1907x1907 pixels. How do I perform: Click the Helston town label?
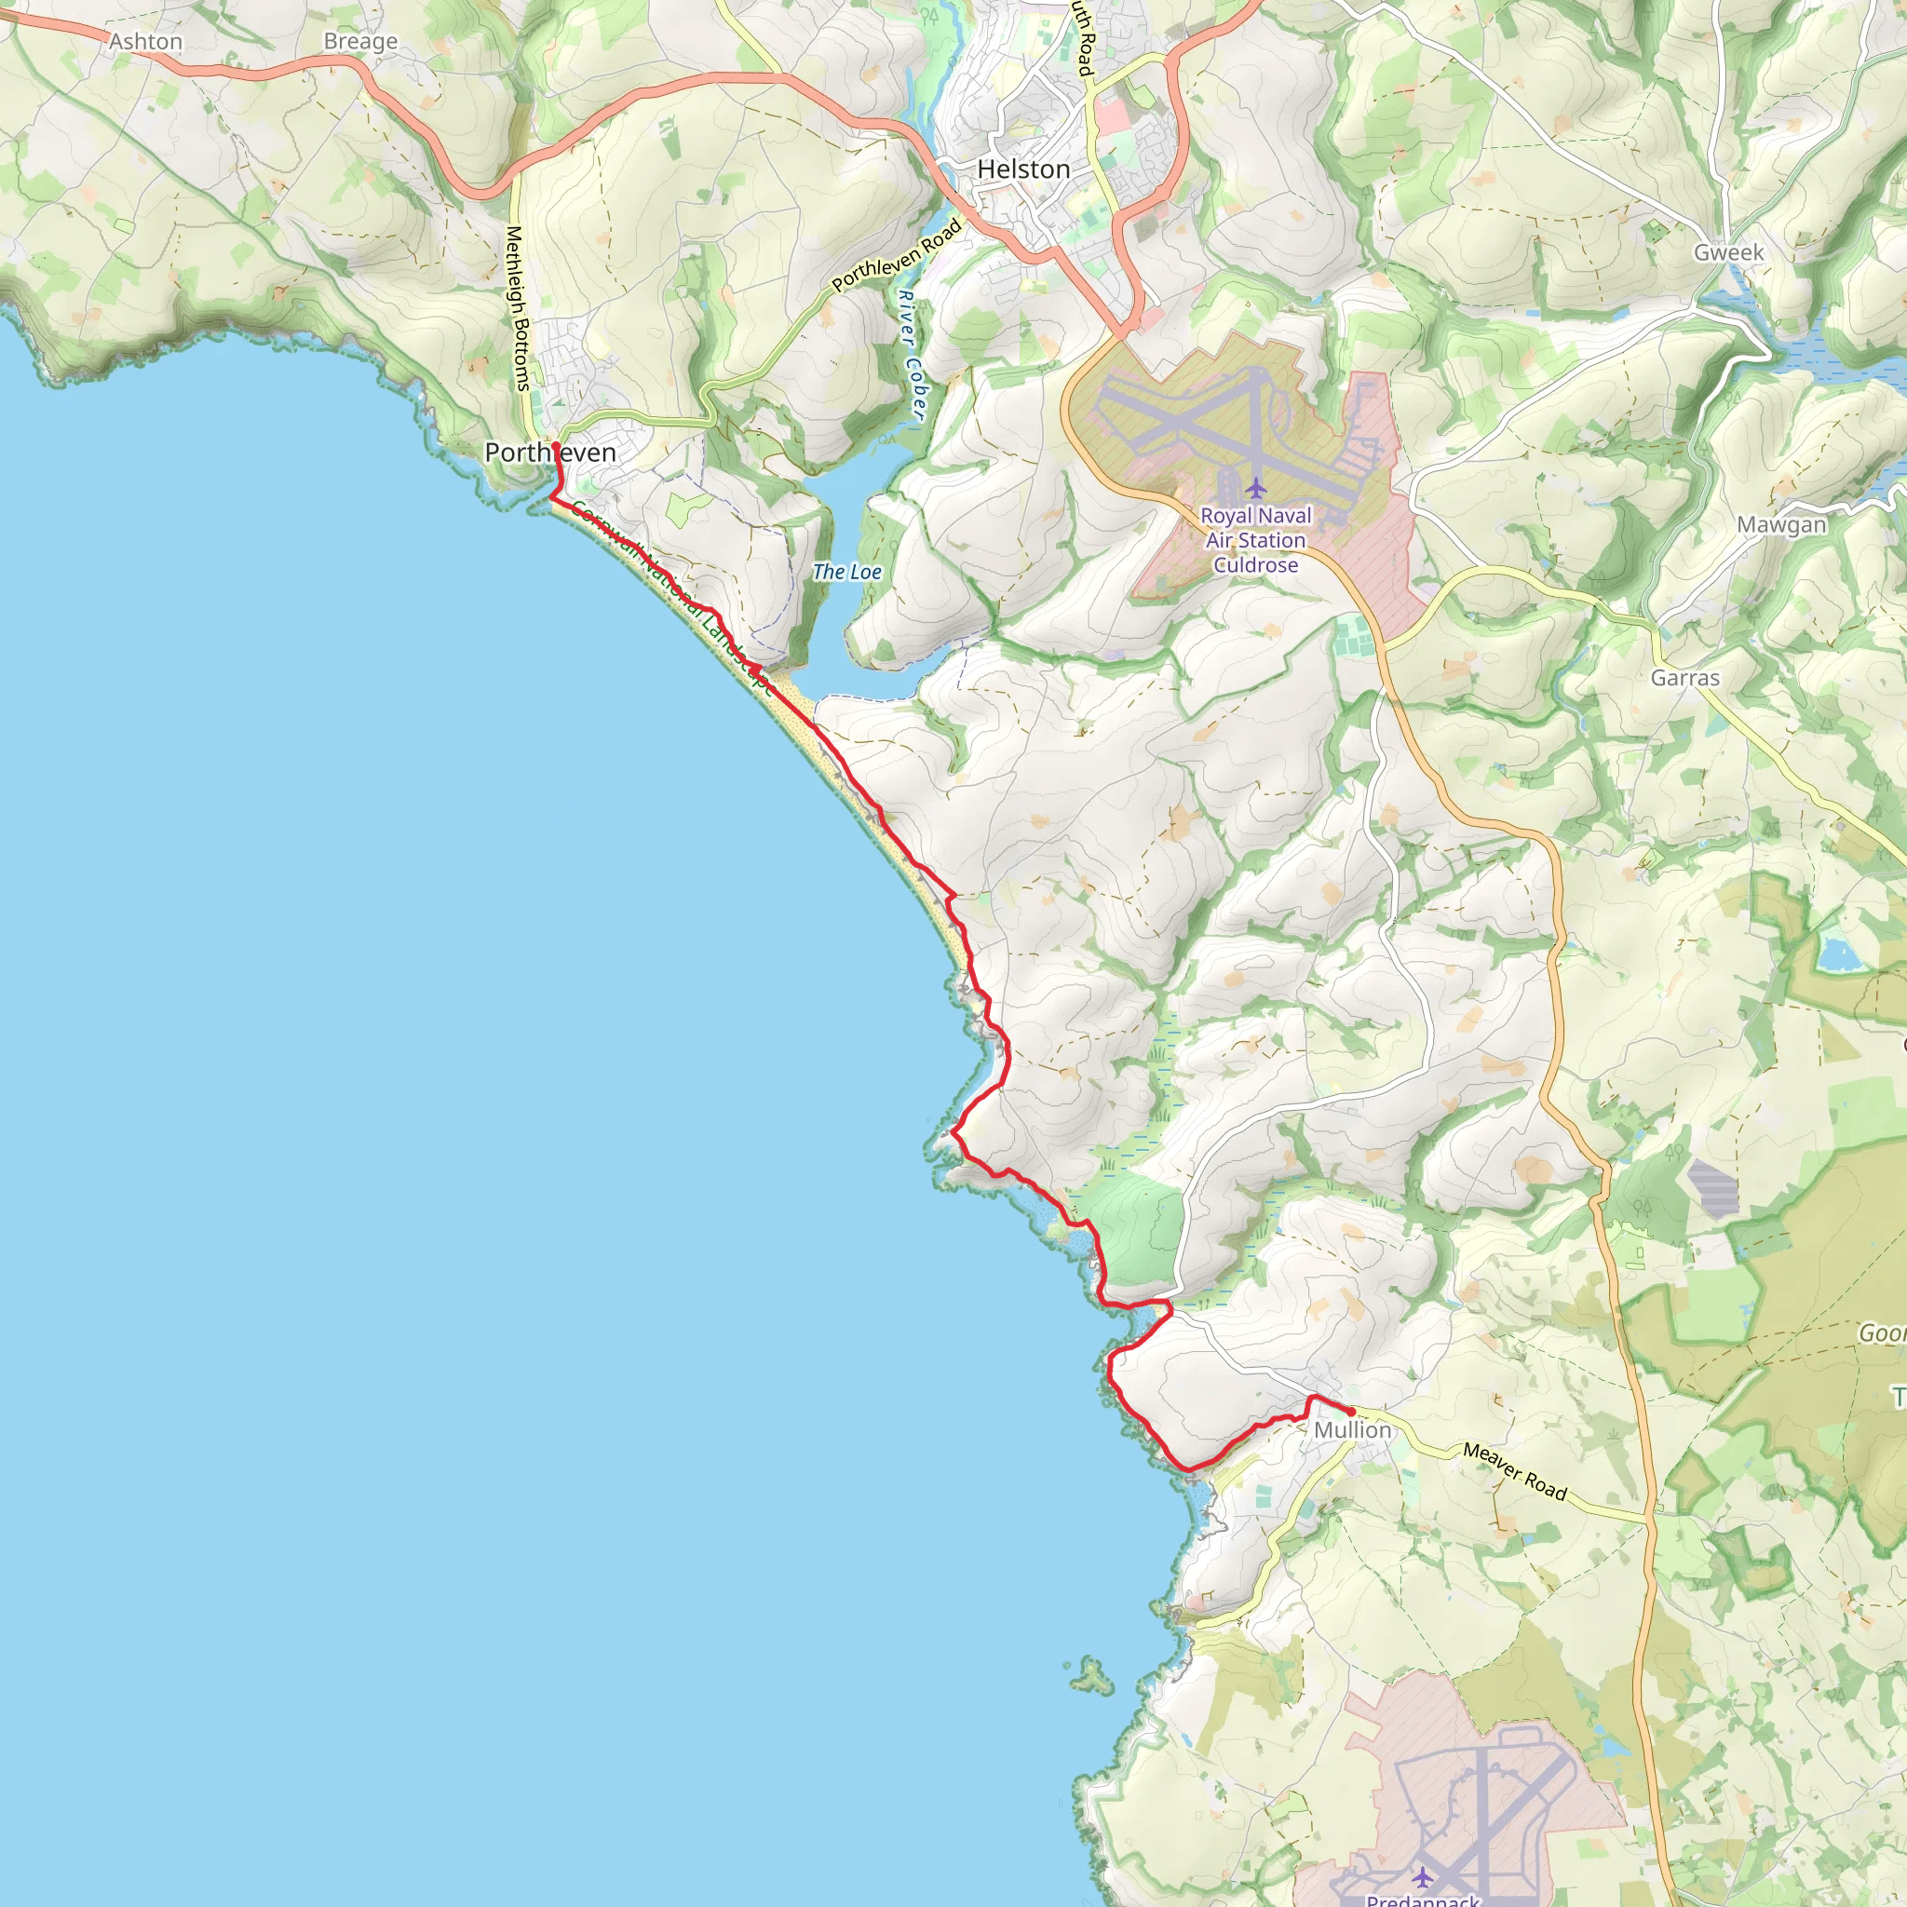click(x=1023, y=169)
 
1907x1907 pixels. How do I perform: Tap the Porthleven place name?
click(x=549, y=453)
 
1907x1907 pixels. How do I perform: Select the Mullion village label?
click(x=1352, y=1429)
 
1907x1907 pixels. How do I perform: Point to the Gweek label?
click(x=1728, y=252)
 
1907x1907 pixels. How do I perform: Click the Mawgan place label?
click(x=1781, y=525)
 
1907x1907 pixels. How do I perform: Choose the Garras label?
click(x=1684, y=678)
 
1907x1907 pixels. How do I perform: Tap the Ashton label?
click(x=146, y=42)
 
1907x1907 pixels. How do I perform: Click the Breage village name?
click(x=360, y=42)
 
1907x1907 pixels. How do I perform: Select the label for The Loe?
click(x=847, y=572)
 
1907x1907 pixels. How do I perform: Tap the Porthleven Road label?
click(x=897, y=257)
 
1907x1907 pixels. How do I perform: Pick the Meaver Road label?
click(x=1514, y=1470)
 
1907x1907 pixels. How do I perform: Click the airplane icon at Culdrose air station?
click(x=1254, y=488)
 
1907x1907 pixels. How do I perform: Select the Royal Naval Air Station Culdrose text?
click(x=1255, y=540)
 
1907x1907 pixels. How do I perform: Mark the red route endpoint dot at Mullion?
click(x=1350, y=1413)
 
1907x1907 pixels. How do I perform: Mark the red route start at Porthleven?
click(x=556, y=446)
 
